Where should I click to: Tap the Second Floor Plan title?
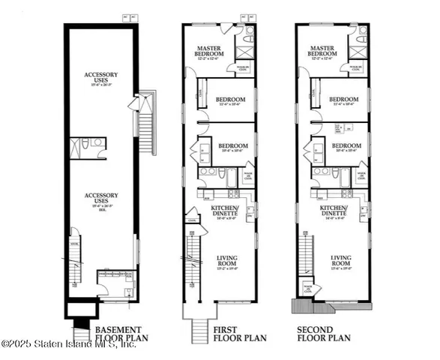pos(324,333)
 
